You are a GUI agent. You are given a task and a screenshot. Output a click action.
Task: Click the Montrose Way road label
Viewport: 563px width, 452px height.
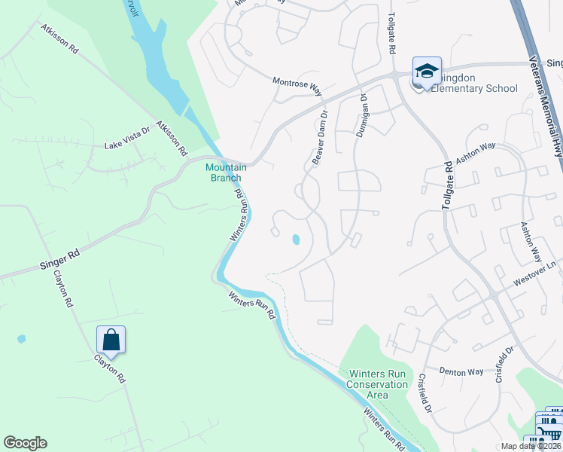point(297,84)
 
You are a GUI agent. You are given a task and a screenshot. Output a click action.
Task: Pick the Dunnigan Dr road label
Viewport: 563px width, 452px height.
point(363,115)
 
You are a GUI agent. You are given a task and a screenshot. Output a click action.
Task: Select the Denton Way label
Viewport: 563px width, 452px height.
point(461,371)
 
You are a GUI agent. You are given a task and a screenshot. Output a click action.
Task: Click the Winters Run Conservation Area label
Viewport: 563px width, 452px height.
point(378,384)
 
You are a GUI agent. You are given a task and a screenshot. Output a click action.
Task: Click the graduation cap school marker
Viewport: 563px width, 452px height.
point(427,72)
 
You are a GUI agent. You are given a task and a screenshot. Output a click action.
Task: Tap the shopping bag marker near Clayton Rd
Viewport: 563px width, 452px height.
point(111,340)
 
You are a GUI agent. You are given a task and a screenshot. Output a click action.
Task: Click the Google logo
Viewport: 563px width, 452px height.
point(25,443)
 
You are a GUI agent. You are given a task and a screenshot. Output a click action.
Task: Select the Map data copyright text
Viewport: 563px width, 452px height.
point(531,446)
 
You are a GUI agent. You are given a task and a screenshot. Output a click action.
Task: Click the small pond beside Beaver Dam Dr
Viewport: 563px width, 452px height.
point(296,240)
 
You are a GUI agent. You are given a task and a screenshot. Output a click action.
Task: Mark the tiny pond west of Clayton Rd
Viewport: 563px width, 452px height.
point(21,339)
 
